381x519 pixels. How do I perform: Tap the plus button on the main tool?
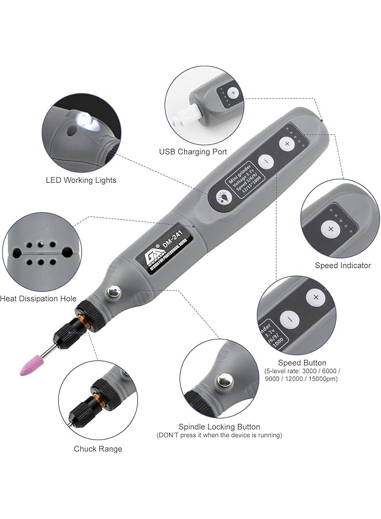coord(287,144)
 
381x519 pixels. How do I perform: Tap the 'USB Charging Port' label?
coord(193,152)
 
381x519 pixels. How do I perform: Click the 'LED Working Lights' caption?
coord(81,180)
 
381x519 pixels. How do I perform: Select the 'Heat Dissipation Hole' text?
coord(38,299)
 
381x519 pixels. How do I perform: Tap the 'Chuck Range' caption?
coord(98,449)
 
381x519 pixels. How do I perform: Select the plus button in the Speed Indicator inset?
coord(331,229)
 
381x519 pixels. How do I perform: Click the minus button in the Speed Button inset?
coord(289,318)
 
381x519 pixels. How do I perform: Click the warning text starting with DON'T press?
coord(219,435)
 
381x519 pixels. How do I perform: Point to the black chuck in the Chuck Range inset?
coord(84,409)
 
